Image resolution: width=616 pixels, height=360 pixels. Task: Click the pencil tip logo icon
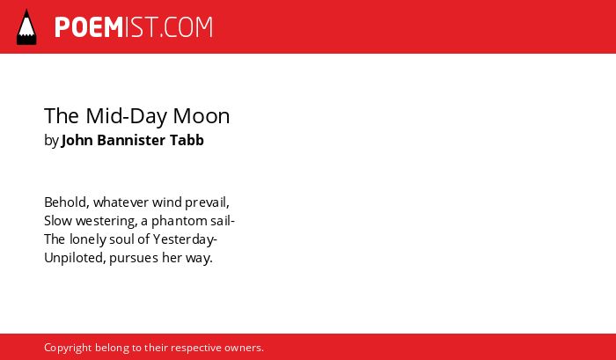tap(26, 26)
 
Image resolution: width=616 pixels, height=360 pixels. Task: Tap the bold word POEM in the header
tap(89, 27)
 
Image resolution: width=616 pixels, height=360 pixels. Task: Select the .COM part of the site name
tap(187, 27)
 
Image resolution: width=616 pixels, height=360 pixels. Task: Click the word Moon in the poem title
tap(202, 116)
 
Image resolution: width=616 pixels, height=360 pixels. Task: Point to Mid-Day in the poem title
tap(127, 117)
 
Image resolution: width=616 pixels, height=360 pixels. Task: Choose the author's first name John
tap(77, 140)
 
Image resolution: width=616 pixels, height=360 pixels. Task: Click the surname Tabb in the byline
tap(187, 140)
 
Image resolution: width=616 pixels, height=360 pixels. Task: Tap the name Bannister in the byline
tap(131, 140)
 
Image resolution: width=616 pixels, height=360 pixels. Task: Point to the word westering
tap(106, 221)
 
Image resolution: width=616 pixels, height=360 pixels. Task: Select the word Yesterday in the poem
tap(183, 239)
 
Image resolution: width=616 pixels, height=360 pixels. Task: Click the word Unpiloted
tap(73, 258)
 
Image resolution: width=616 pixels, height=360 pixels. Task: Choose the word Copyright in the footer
tap(68, 349)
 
